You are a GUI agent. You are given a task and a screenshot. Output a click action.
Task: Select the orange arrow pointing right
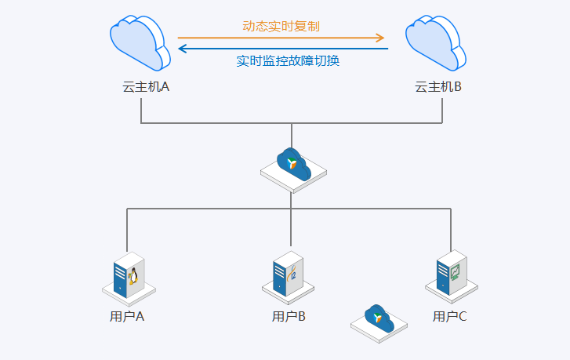(281, 37)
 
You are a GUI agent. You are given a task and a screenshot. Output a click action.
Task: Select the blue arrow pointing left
(283, 49)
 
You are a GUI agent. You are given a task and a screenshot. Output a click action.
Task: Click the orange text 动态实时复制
(281, 26)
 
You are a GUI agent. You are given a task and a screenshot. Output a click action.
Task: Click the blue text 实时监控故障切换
(288, 60)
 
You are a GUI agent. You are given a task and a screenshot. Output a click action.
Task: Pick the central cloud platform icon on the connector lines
(292, 167)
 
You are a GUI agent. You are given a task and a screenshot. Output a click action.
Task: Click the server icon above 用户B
(288, 275)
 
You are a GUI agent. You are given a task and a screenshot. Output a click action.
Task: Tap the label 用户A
(127, 317)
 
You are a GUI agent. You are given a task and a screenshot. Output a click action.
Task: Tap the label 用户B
(289, 317)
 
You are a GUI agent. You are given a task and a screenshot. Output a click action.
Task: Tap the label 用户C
(450, 317)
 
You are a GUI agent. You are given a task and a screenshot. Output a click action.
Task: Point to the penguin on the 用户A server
(133, 275)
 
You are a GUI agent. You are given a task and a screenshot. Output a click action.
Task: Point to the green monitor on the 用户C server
(455, 272)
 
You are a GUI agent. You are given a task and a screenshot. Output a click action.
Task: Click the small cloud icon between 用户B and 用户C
(378, 321)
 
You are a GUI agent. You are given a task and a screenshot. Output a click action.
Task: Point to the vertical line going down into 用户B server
(291, 227)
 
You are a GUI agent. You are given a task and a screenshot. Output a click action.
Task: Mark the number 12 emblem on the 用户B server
(292, 275)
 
